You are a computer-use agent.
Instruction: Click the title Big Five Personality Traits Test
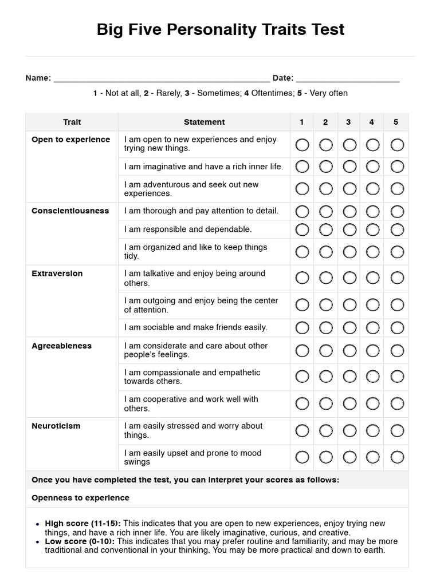(x=221, y=30)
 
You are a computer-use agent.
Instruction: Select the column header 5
(x=396, y=122)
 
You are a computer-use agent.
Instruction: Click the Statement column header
(x=204, y=122)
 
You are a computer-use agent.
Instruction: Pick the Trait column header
(x=72, y=122)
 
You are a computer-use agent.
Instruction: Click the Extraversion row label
(x=57, y=274)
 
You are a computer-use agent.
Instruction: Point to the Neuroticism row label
(x=56, y=426)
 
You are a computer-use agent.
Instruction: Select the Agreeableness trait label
(x=61, y=346)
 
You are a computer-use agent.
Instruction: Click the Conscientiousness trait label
(x=70, y=211)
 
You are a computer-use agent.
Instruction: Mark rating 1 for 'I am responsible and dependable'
(x=302, y=229)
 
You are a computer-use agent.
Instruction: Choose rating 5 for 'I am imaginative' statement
(x=397, y=167)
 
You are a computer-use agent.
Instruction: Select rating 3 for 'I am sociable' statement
(x=349, y=327)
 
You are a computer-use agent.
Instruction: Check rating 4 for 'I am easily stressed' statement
(x=373, y=430)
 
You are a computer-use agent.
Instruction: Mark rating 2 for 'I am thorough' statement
(x=326, y=211)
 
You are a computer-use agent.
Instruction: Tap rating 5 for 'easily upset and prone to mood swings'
(x=397, y=457)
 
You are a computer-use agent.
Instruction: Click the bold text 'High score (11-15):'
(x=83, y=523)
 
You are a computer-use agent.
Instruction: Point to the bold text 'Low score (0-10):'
(x=80, y=541)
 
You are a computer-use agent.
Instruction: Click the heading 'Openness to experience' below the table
(x=80, y=498)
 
